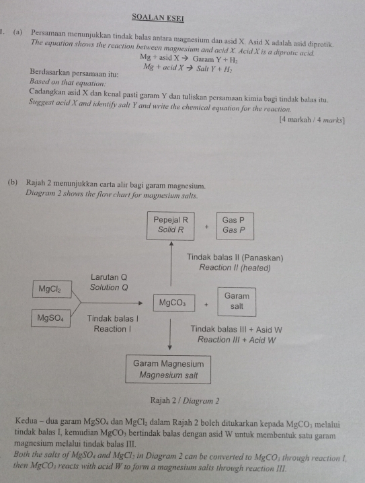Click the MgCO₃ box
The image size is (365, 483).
pos(173,303)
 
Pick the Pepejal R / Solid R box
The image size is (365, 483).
pos(171,225)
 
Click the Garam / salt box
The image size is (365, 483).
pos(237,301)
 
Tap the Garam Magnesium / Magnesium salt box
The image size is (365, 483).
pos(169,369)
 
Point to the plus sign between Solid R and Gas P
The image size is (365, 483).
pos(206,227)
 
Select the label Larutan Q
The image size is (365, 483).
pos(109,278)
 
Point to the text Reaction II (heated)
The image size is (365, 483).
pos(235,268)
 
